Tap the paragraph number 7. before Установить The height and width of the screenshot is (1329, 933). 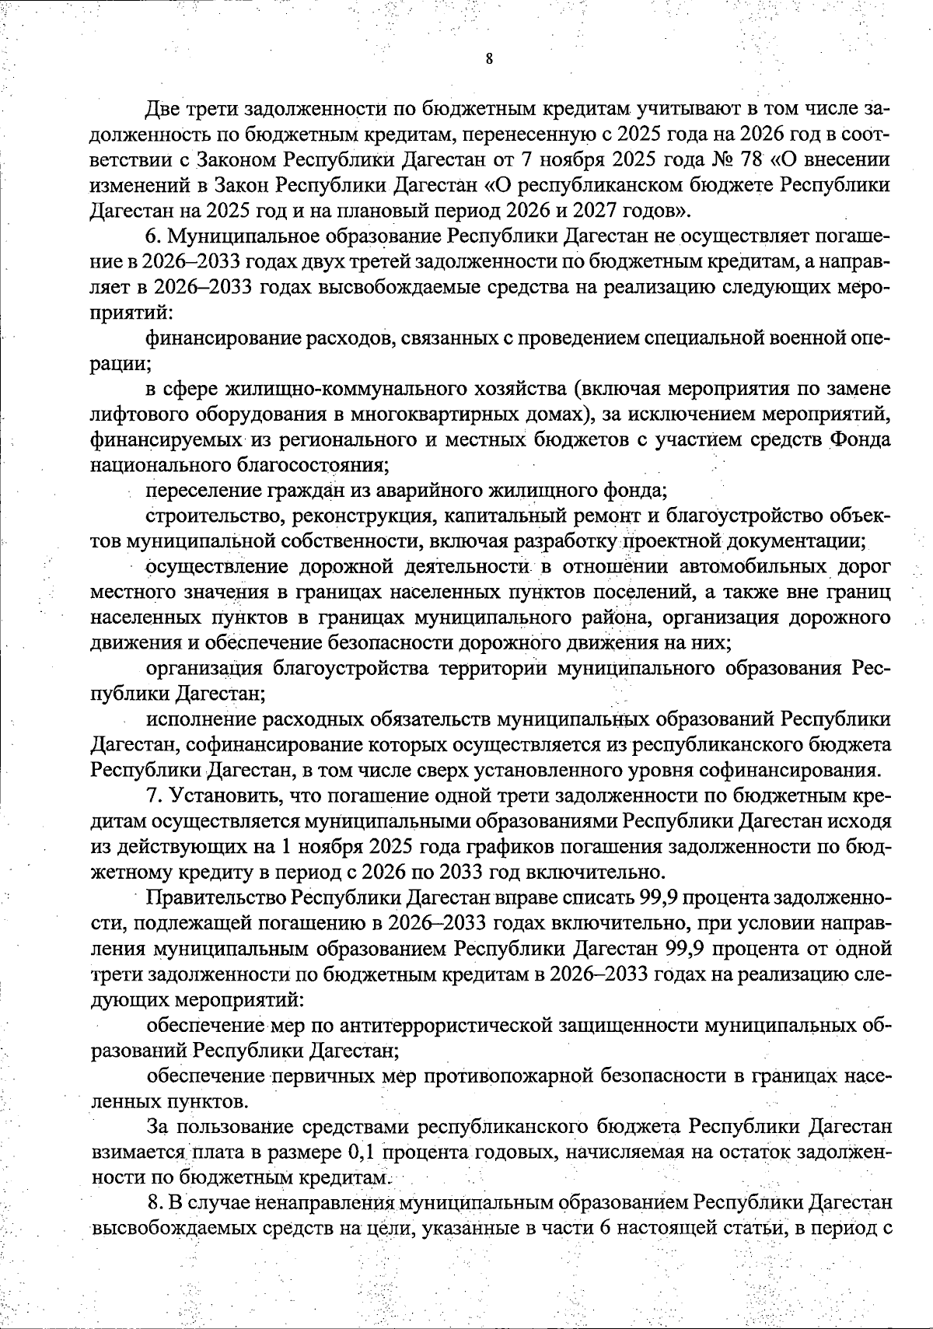[x=153, y=795]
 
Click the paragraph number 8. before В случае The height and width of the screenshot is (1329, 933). [x=153, y=1203]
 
